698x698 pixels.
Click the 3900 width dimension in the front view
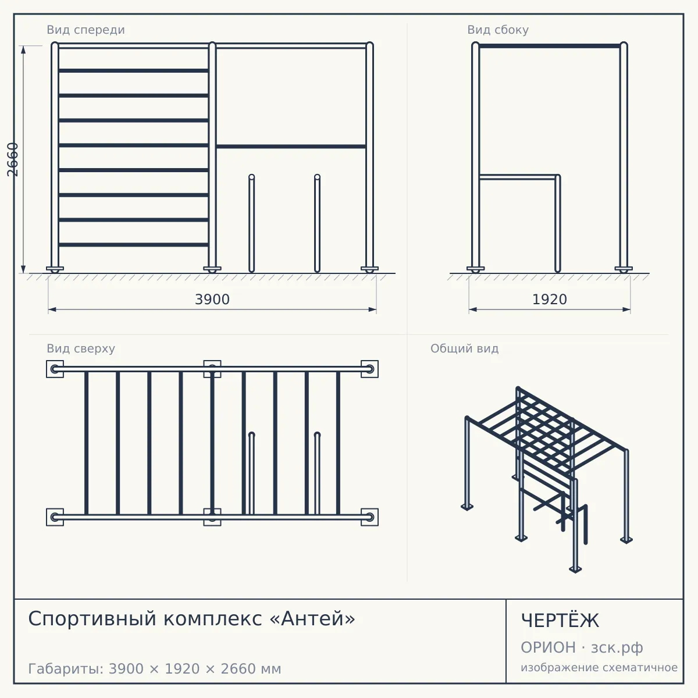(x=212, y=300)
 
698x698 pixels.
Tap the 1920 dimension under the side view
(x=549, y=300)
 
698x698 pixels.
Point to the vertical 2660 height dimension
(x=13, y=159)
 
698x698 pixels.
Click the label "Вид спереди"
(x=86, y=30)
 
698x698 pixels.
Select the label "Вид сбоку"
(x=498, y=30)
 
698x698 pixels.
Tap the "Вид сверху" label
(x=81, y=348)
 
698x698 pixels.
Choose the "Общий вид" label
(x=464, y=348)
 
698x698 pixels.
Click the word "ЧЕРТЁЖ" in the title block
(x=560, y=621)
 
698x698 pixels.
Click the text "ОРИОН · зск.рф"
(x=582, y=647)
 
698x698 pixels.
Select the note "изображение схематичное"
(x=599, y=667)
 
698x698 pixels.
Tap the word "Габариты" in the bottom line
(x=66, y=669)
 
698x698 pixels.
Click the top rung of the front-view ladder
(x=133, y=70)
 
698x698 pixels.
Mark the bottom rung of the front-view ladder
(x=133, y=244)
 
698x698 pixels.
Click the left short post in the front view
(x=251, y=223)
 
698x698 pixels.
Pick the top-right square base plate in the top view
(x=369, y=369)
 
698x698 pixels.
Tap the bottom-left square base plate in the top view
(x=55, y=517)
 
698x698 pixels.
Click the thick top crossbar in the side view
(x=550, y=46)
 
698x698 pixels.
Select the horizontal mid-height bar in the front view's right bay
(x=291, y=147)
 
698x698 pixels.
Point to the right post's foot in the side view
(x=624, y=269)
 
